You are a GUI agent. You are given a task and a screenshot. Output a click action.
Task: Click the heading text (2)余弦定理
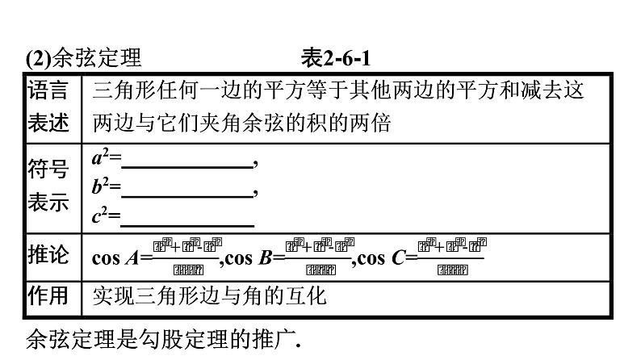(x=84, y=59)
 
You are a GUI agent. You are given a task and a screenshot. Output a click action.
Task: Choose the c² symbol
(x=101, y=216)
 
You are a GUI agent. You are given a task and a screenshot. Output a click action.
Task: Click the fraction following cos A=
(x=186, y=257)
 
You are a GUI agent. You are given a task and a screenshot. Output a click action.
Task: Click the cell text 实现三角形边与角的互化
(x=209, y=296)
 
